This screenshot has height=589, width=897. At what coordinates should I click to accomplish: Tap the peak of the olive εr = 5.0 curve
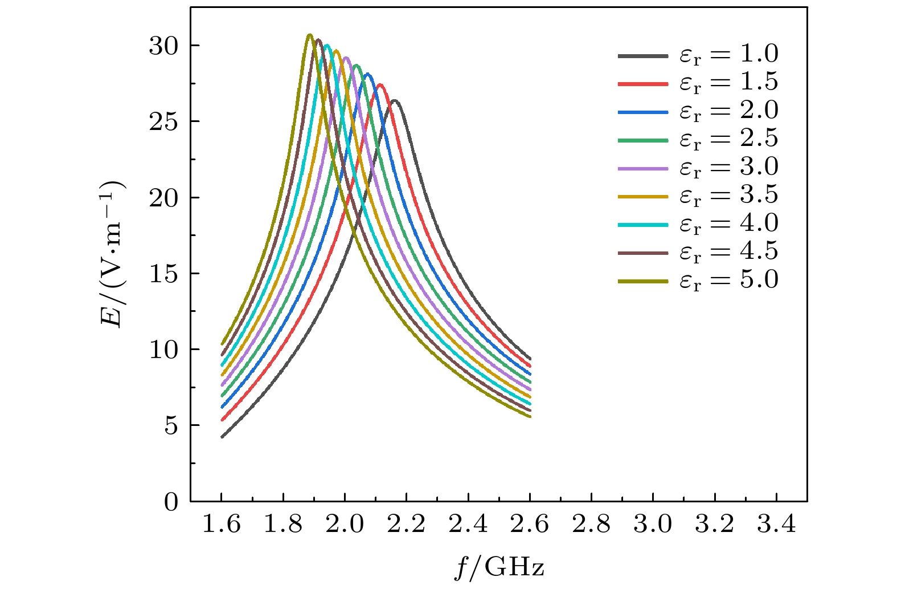309,35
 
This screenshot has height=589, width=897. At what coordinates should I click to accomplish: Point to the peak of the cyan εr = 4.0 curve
327,46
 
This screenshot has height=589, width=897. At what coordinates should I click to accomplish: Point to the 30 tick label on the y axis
164,46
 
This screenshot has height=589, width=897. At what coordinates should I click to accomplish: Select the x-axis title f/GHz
499,568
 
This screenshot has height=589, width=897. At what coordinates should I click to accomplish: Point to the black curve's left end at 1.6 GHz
222,437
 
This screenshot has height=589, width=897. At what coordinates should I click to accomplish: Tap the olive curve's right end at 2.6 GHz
530,416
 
